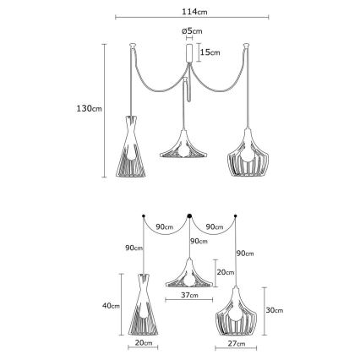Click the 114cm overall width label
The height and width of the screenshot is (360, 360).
194,12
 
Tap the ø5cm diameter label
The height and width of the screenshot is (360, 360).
192,30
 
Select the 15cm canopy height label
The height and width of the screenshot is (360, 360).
210,52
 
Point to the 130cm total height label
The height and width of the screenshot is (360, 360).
90,108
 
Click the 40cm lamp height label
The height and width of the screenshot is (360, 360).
111,305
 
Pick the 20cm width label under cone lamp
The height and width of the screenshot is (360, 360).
144,343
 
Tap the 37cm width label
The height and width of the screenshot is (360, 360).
188,295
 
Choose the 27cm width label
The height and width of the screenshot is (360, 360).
236,344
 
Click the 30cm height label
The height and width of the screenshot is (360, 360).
275,310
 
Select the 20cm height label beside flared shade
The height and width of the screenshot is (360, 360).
226,272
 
